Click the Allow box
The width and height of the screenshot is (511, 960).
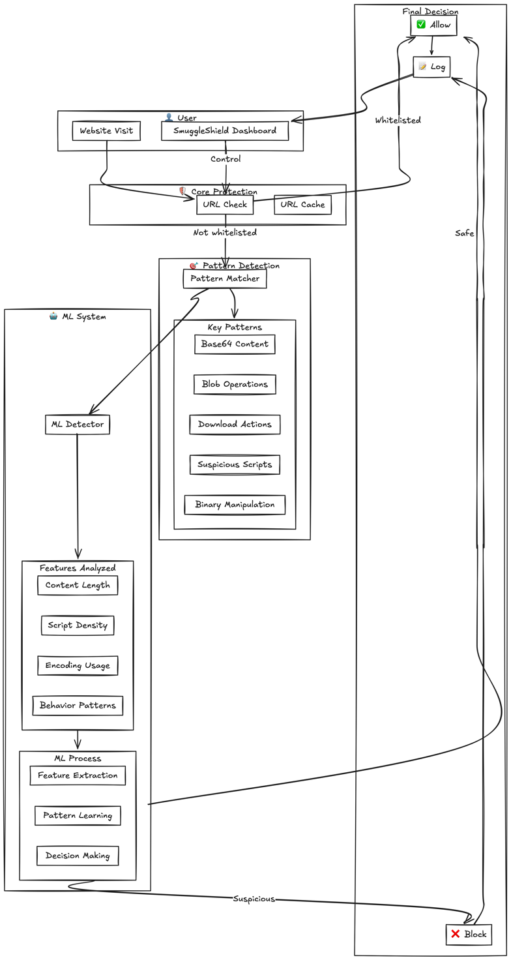coord(433,25)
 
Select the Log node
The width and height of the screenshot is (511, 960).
coord(431,67)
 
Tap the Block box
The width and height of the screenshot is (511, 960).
coord(469,934)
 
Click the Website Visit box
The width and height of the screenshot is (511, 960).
coord(106,131)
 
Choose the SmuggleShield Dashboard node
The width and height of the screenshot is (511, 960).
coord(226,131)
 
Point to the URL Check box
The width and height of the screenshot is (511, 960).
coord(225,205)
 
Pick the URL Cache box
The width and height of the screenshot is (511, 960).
coord(302,205)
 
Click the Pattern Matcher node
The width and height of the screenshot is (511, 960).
coord(225,278)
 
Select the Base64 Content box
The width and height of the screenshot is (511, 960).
coord(235,344)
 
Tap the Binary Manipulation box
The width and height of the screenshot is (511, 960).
coord(235,505)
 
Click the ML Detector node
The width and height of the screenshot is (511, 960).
coord(78,425)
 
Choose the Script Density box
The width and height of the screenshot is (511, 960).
coord(78,625)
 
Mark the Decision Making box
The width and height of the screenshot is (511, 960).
coord(78,856)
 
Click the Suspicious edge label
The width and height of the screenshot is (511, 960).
coord(254,899)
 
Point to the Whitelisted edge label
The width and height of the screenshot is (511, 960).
coord(398,121)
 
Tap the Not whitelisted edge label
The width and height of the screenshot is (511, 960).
coord(225,233)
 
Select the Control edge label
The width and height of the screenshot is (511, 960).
coord(226,159)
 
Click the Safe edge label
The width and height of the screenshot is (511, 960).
coord(465,233)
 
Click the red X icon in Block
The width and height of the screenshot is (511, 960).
coord(456,934)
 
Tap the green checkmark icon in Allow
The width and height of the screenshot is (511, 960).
coord(421,25)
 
